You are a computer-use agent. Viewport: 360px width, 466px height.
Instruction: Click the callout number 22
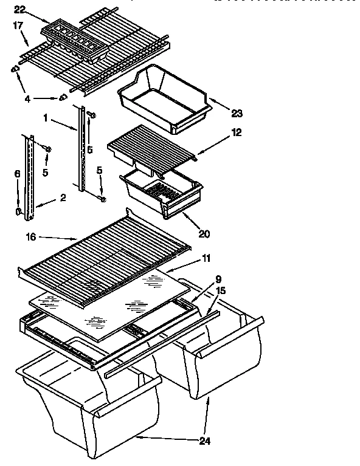tap(19, 9)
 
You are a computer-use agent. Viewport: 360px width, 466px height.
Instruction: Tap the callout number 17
tap(17, 26)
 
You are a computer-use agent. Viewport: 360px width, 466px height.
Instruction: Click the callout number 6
tap(18, 174)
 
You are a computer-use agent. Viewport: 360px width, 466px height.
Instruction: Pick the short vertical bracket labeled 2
tap(28, 176)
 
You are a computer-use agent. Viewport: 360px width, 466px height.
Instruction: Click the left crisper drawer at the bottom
tap(91, 401)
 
